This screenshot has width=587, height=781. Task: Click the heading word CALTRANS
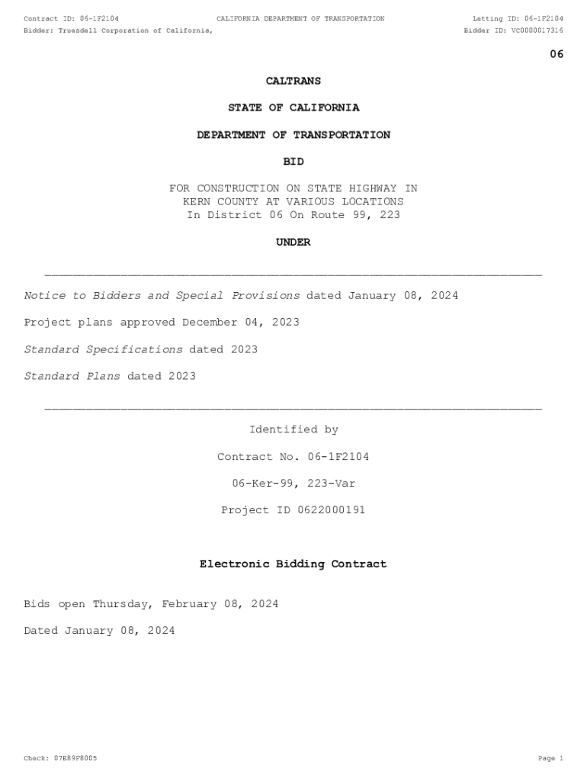(293, 81)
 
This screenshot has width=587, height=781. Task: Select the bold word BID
(293, 162)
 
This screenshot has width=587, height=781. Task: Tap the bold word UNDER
(293, 243)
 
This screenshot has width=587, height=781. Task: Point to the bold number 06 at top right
(557, 54)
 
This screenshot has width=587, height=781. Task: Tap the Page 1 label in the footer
(550, 758)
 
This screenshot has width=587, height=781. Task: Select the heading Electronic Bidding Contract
(293, 564)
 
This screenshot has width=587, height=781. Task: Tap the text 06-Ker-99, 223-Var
(293, 484)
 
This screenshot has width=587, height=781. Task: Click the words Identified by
(293, 430)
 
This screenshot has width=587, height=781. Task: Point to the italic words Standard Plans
(72, 376)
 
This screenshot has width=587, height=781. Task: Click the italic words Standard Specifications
(103, 349)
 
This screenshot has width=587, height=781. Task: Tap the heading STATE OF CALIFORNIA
(293, 108)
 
